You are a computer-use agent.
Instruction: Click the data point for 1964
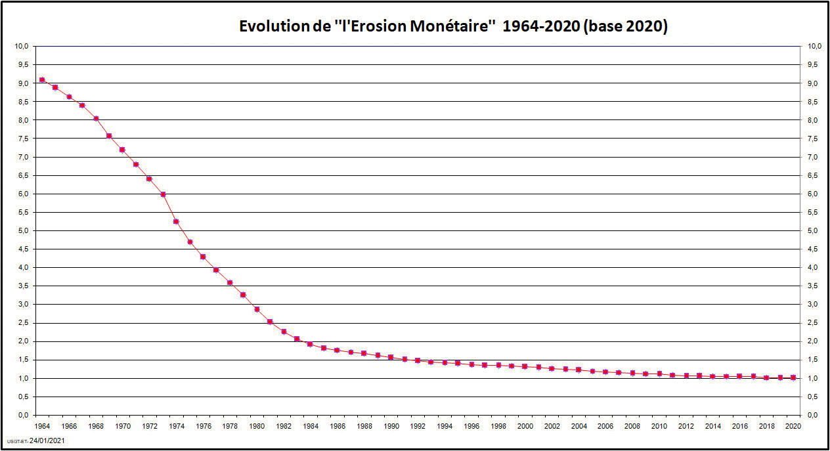[x=42, y=79]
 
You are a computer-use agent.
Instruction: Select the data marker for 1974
[x=176, y=221]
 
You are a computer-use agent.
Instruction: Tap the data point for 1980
[x=257, y=309]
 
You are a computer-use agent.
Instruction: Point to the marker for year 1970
[x=122, y=150]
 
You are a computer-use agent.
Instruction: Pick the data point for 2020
[x=793, y=377]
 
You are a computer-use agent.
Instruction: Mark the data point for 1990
[x=391, y=357]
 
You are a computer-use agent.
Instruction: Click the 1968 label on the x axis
[x=96, y=426]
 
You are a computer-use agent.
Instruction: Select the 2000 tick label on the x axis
[x=525, y=426]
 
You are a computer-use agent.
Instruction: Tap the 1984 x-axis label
[x=311, y=426]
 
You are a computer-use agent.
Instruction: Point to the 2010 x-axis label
[x=659, y=426]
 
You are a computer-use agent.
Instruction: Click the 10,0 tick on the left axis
[x=22, y=47]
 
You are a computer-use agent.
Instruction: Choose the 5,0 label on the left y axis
[x=23, y=230]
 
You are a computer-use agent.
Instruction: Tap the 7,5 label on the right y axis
[x=812, y=139]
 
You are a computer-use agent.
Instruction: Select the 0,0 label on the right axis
[x=812, y=415]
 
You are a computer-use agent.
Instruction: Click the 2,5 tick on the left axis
[x=23, y=323]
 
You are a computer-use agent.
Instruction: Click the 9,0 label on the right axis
[x=812, y=83]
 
